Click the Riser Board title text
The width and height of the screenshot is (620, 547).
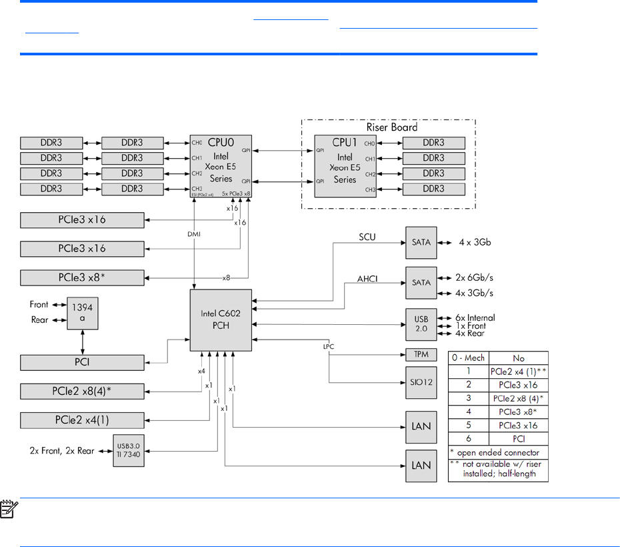point(391,127)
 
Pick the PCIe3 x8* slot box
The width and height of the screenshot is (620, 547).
point(82,278)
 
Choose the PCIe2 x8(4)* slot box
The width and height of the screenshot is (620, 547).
point(82,391)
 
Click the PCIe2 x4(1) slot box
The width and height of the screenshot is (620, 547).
point(82,420)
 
